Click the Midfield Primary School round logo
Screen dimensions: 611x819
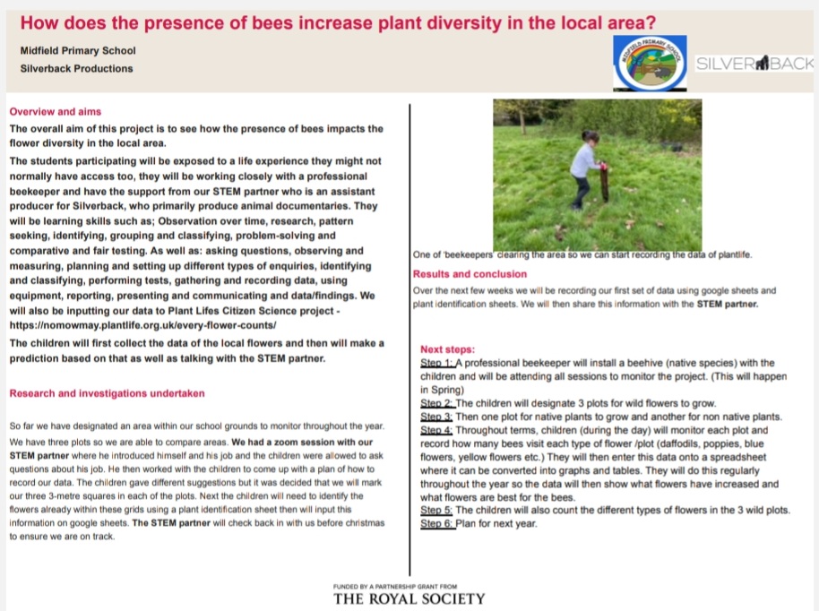click(651, 63)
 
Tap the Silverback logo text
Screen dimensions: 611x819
click(754, 64)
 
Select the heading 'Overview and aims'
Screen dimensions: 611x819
click(56, 112)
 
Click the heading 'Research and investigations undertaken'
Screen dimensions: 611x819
click(107, 393)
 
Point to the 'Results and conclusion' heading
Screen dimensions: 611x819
click(470, 273)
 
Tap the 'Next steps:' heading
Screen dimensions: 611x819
click(447, 349)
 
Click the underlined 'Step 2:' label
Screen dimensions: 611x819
click(436, 403)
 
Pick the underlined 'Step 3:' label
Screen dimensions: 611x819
click(436, 417)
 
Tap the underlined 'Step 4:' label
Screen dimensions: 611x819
click(436, 430)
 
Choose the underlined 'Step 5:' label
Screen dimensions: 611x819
click(436, 511)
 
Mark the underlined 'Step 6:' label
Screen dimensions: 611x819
click(436, 524)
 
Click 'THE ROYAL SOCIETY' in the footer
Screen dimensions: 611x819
click(409, 598)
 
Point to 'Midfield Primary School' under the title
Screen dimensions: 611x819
click(78, 51)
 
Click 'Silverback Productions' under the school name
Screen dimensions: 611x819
click(76, 68)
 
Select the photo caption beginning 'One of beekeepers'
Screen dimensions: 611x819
click(582, 255)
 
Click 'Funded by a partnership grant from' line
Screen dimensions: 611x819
click(409, 585)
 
